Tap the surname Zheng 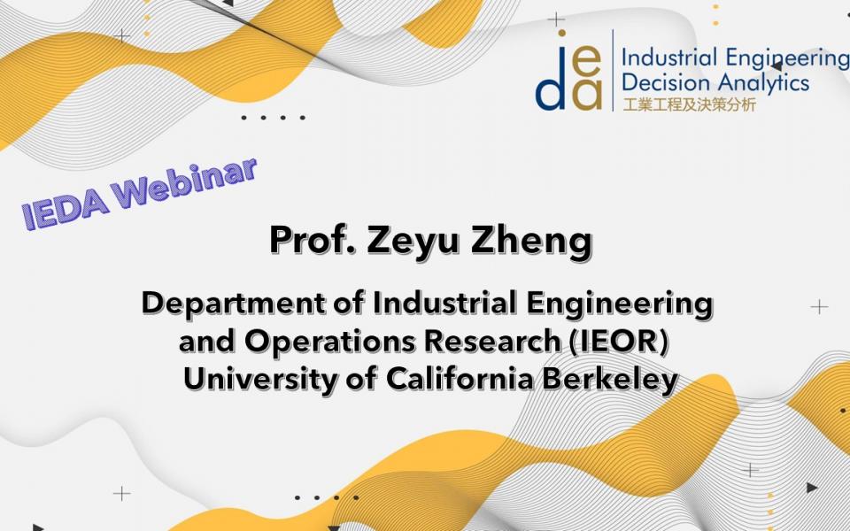pyautogui.click(x=532, y=241)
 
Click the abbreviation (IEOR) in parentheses pyautogui.click(x=619, y=342)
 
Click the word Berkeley pyautogui.click(x=610, y=381)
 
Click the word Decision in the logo pyautogui.click(x=666, y=82)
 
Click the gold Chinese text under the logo pyautogui.click(x=689, y=104)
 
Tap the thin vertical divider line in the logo pyautogui.click(x=613, y=71)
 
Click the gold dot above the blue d pyautogui.click(x=562, y=33)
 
